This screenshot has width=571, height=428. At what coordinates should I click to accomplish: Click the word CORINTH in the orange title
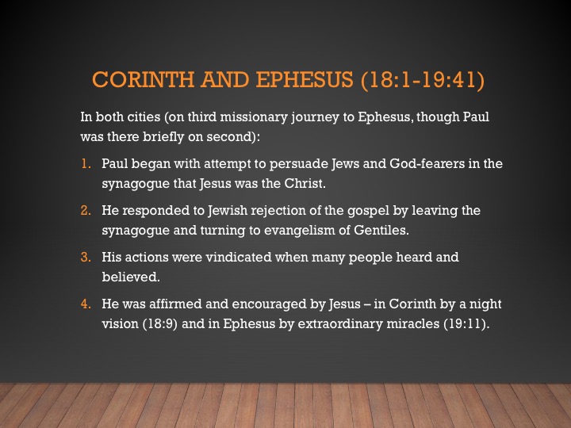(143, 79)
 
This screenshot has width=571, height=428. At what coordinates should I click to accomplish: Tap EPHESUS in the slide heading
(305, 79)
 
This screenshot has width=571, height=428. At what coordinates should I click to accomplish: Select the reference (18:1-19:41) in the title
(423, 80)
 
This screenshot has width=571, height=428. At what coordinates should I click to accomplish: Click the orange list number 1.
(86, 164)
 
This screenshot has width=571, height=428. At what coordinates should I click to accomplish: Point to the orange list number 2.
(86, 210)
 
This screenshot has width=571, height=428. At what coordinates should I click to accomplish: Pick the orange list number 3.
(86, 257)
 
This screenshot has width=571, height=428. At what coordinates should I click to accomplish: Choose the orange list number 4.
(86, 304)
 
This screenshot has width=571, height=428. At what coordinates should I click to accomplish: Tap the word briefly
(163, 137)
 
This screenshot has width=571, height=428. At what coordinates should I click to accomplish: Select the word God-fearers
(427, 164)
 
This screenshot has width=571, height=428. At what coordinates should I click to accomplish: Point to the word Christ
(305, 183)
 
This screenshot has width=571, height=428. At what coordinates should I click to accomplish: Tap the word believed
(131, 277)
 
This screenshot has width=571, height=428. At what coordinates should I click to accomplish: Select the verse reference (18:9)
(160, 324)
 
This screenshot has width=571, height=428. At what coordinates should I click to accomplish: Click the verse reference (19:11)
(466, 324)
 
